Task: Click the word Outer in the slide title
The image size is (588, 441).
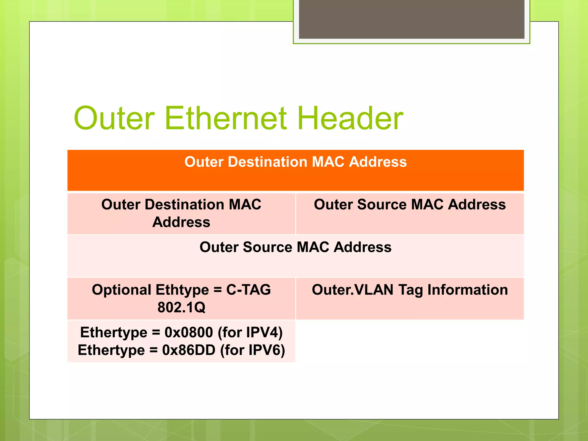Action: coord(114,118)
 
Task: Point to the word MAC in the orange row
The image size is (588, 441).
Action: coord(328,162)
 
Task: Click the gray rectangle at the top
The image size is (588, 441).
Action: coord(411,19)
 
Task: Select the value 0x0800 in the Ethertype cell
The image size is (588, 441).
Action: coord(189,332)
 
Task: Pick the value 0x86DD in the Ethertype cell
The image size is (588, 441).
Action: coord(189,350)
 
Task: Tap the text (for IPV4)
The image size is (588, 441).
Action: coord(250,332)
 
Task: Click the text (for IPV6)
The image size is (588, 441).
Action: coord(252,350)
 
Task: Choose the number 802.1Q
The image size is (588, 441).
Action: coord(181,307)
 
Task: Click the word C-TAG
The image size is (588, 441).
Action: coord(248,290)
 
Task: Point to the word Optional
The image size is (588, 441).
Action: coord(121,290)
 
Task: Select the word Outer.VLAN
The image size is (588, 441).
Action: coord(353,290)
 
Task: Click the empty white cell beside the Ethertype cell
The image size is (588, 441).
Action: coord(410,341)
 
